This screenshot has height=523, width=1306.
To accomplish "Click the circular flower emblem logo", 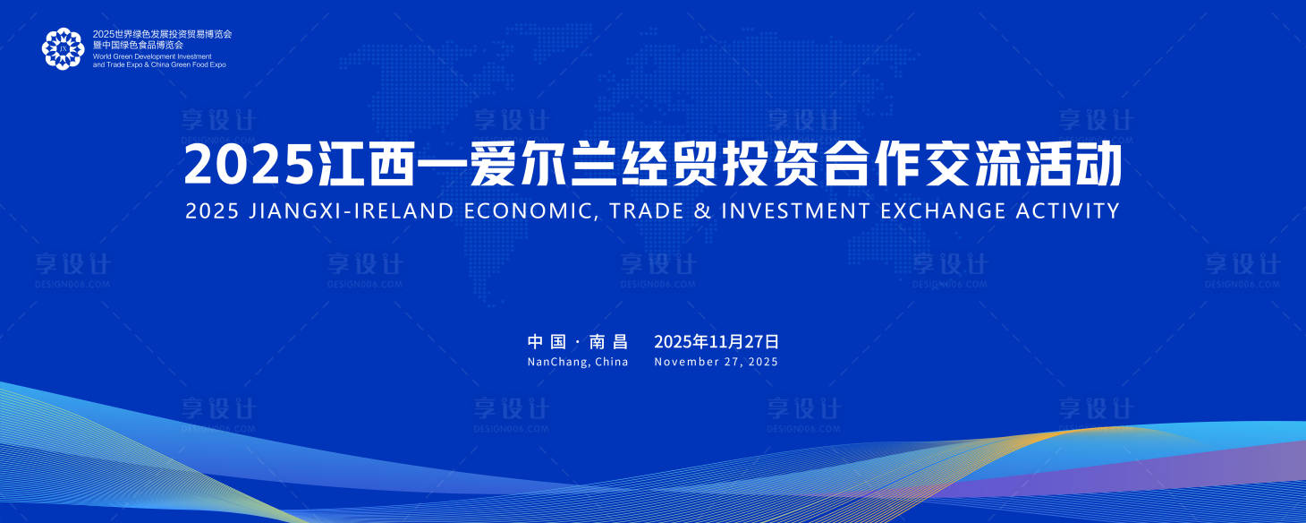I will click(x=63, y=48).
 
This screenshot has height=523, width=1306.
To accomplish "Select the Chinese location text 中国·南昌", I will click(x=578, y=341).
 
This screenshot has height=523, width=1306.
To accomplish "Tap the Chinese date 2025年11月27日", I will click(x=717, y=341).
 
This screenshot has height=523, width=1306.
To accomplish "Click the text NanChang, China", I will click(x=578, y=363).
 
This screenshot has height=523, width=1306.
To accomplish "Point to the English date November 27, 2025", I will click(x=717, y=363).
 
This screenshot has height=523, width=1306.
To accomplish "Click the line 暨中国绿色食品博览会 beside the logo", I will click(x=138, y=45).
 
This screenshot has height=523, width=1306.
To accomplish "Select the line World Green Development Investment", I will click(x=152, y=56).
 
